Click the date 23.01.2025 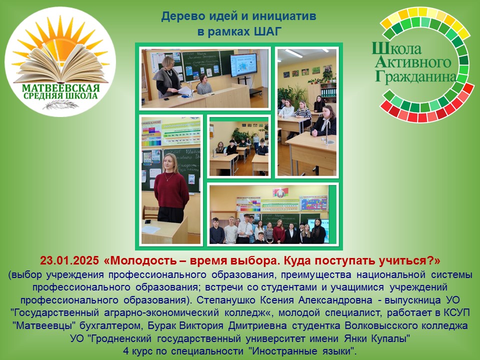[69, 261]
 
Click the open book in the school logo [60, 63]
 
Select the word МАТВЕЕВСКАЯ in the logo [60, 88]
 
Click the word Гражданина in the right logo [415, 77]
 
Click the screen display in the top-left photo [243, 65]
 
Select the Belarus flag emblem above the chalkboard [280, 192]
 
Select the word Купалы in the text [390, 339]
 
